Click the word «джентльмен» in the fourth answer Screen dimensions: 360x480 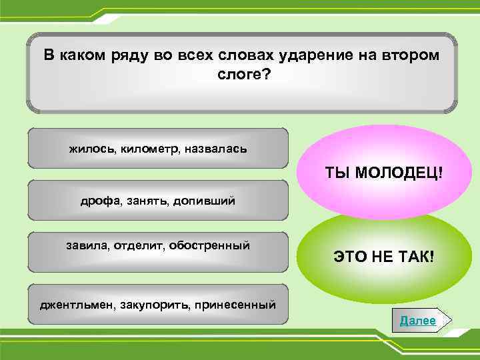tap(74, 305)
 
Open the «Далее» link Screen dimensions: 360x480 tap(417, 321)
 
